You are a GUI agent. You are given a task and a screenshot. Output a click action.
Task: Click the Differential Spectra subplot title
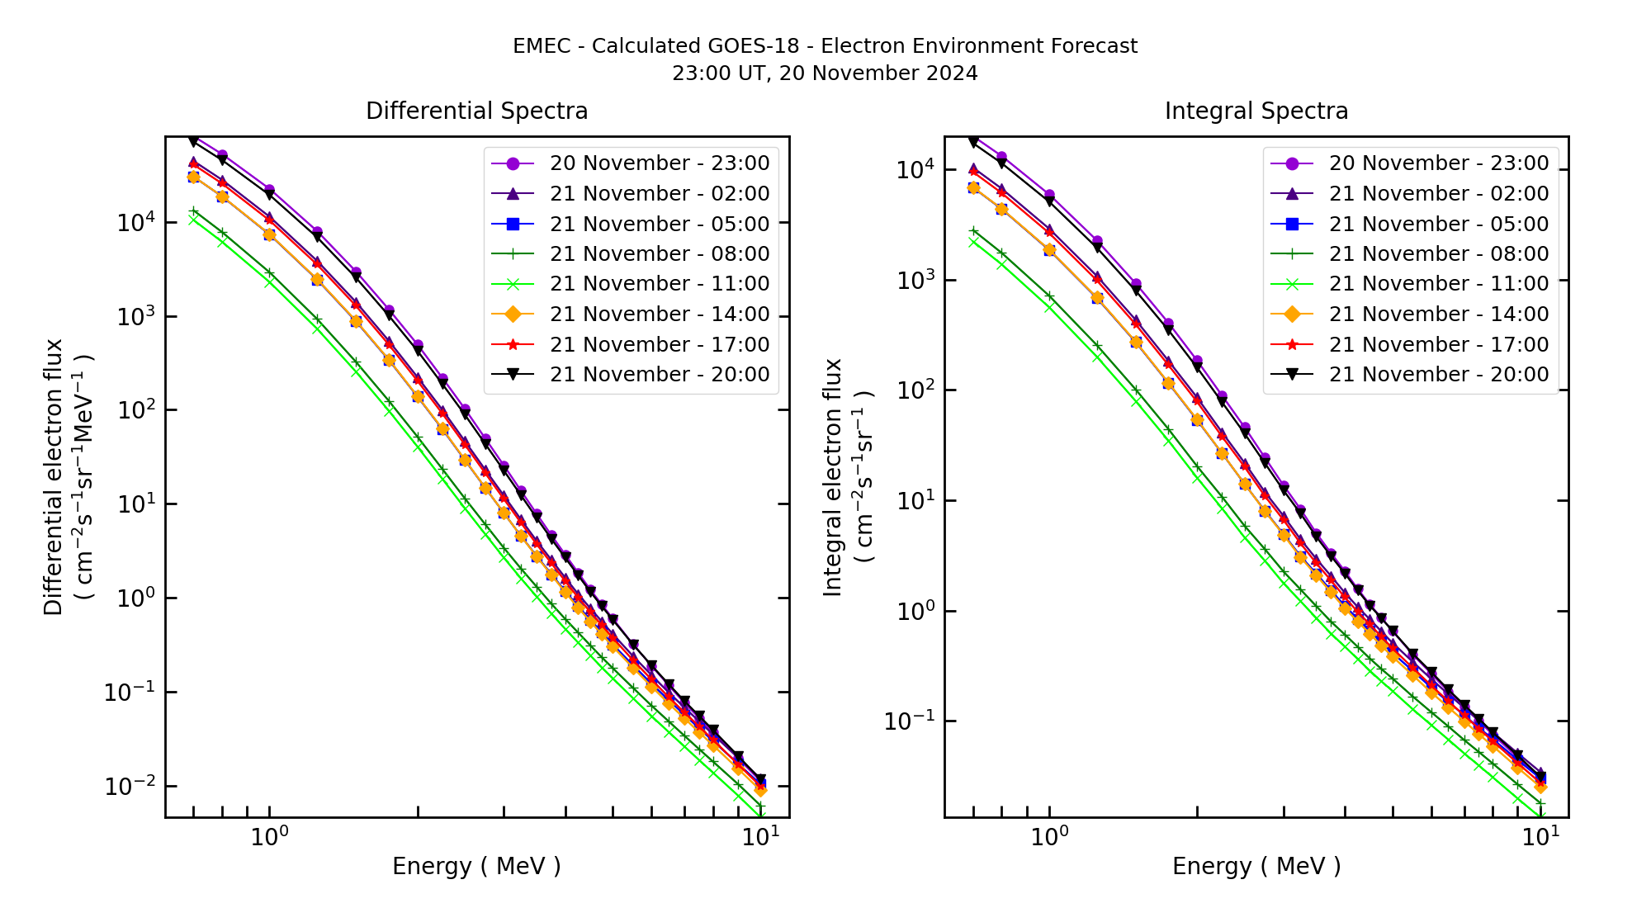click(x=476, y=111)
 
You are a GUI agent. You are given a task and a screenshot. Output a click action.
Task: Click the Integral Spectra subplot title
click(x=1256, y=111)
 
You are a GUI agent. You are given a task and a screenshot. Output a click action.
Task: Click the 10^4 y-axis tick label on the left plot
click(x=135, y=222)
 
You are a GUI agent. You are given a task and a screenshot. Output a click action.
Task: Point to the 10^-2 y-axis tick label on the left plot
click(x=130, y=786)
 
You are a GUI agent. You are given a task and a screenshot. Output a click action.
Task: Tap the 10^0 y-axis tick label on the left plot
click(x=135, y=598)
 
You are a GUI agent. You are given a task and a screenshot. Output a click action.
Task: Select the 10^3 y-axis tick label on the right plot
click(x=915, y=280)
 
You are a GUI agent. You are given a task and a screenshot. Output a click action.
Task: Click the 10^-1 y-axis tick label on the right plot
click(x=910, y=721)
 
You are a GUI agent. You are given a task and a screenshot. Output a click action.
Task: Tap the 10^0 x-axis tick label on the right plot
click(x=1049, y=836)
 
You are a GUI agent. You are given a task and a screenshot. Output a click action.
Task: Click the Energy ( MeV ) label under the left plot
click(x=476, y=867)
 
